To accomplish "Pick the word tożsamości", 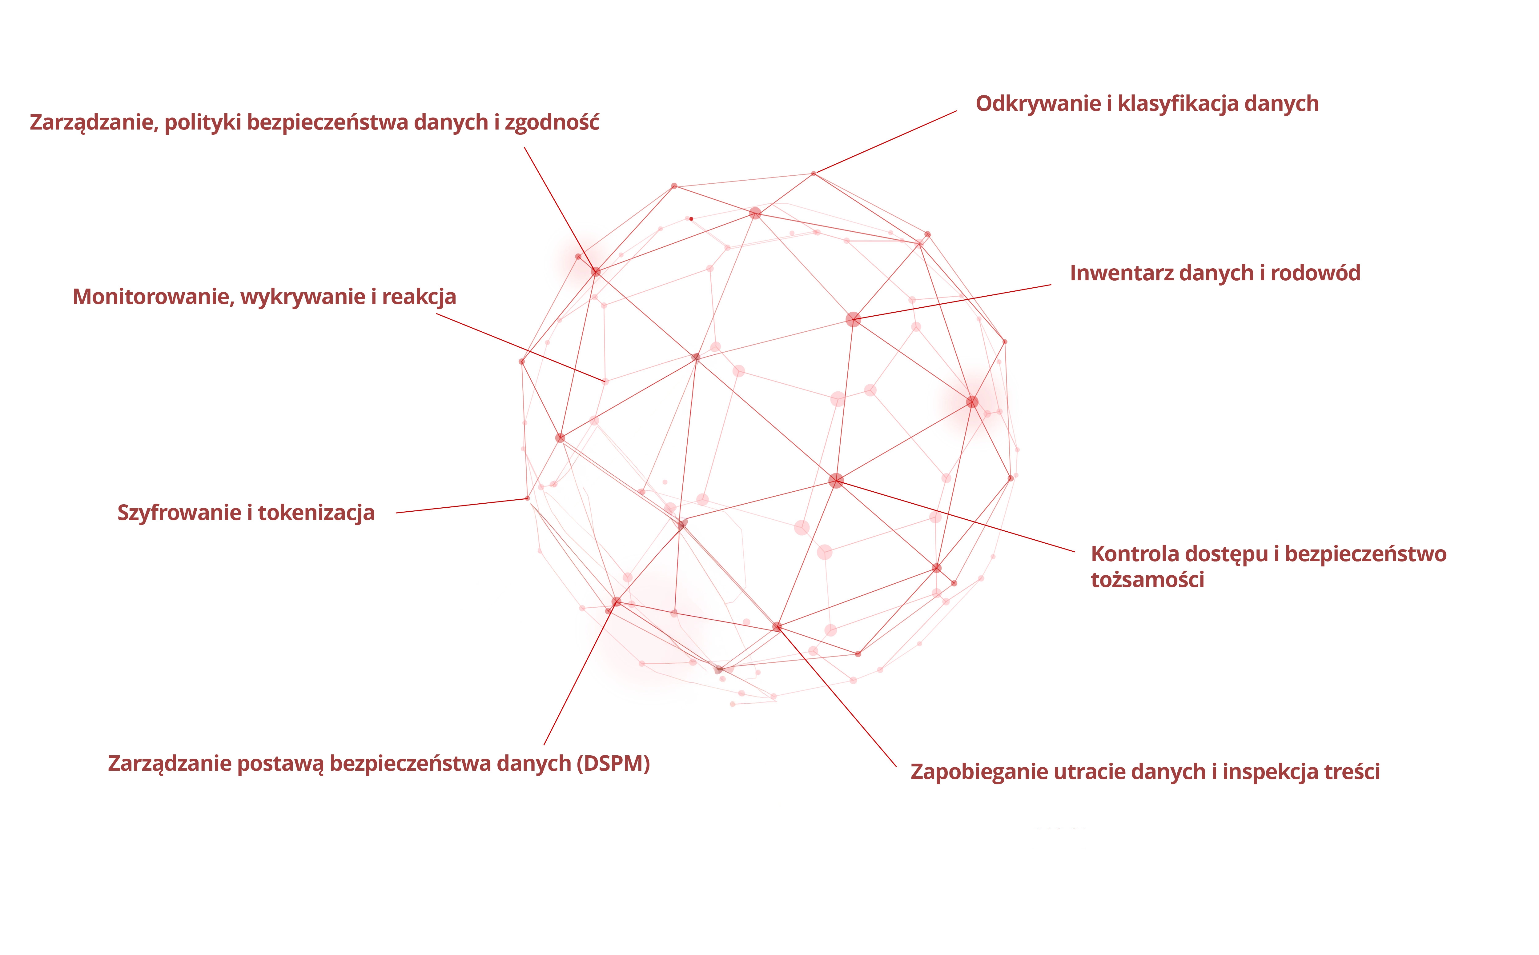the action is (x=1147, y=580).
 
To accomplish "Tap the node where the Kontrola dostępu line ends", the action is (x=836, y=481).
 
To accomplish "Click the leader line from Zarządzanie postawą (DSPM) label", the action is (x=580, y=673).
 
